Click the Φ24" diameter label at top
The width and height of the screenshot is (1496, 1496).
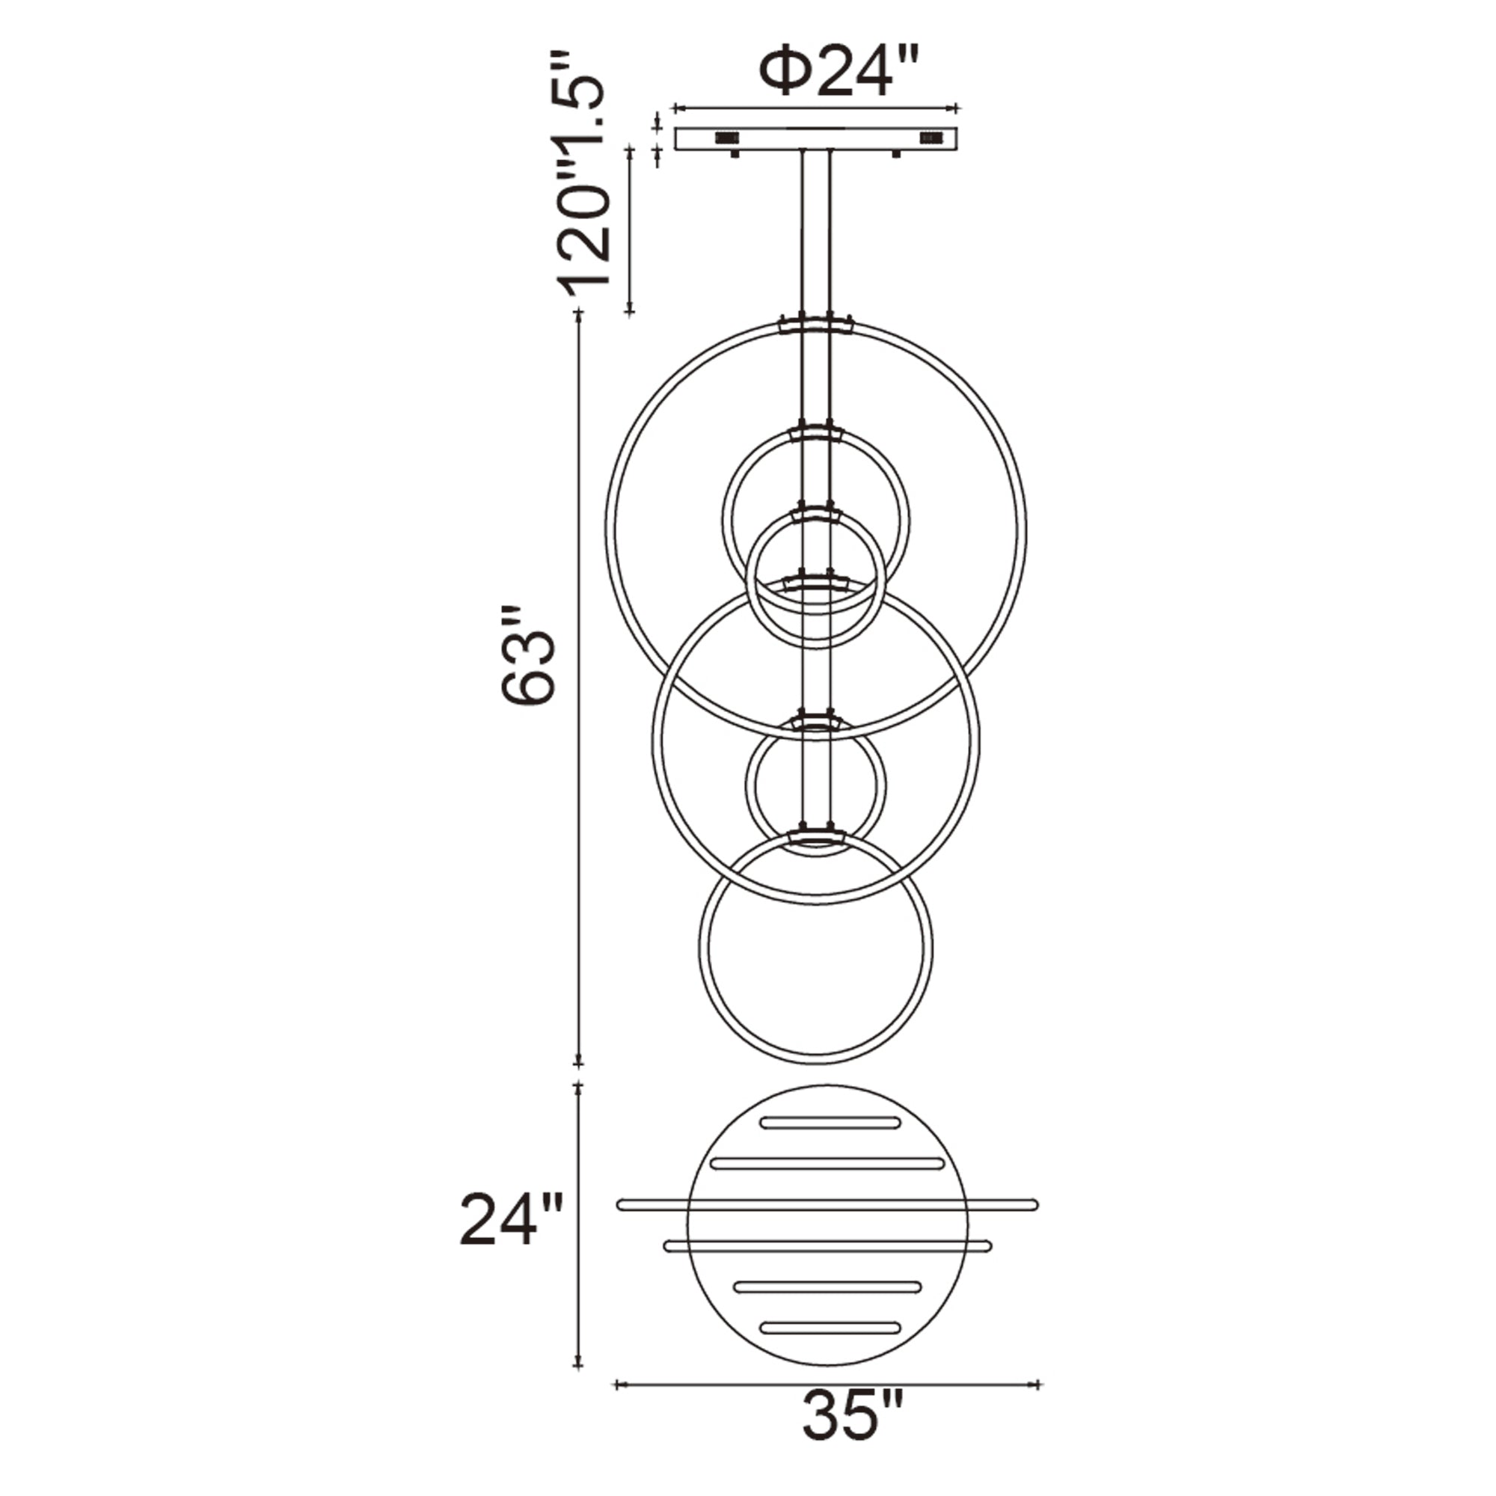tap(839, 72)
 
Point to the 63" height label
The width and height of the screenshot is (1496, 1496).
tap(529, 655)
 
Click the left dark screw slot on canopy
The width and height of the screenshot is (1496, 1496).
tap(726, 138)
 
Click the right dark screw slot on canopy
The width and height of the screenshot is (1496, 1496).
tap(930, 138)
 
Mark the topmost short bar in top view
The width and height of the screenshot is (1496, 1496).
tap(830, 1123)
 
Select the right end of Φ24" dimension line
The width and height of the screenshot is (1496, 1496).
tap(958, 108)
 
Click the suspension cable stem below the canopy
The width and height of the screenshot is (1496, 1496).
tap(816, 233)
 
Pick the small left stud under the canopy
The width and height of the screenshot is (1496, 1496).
tap(733, 154)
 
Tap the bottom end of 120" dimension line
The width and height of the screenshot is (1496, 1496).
tap(630, 312)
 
